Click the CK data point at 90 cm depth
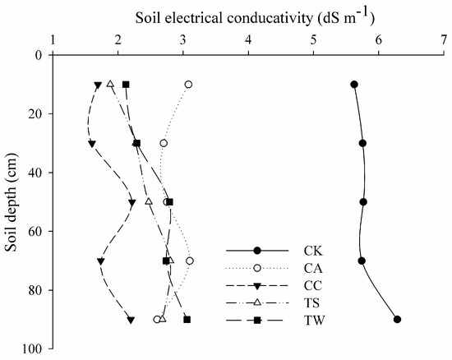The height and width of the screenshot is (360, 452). tap(397, 320)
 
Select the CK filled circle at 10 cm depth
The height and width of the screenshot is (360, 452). tap(354, 85)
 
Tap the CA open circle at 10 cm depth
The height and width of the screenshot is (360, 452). tap(188, 85)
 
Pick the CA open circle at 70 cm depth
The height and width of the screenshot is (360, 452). tap(190, 261)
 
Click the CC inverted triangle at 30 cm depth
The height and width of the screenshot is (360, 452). tap(92, 144)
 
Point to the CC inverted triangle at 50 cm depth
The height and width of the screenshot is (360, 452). tap(132, 203)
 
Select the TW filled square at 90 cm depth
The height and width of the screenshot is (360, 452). tap(187, 320)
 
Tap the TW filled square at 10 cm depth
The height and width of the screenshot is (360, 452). tap(126, 85)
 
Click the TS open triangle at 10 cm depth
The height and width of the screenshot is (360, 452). tap(110, 84)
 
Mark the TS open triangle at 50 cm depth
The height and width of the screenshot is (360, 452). tap(149, 201)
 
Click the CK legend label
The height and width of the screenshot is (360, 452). tap(313, 251)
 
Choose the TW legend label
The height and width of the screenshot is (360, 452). tap(314, 321)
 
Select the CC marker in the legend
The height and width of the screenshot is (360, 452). tap(257, 286)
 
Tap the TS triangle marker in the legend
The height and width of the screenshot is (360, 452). tap(257, 302)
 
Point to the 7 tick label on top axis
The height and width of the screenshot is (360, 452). tap(444, 40)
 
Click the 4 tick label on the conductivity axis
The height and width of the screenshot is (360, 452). tap(248, 40)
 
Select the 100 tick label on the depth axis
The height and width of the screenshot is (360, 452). tap(32, 349)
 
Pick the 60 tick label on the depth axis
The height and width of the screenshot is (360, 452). tap(35, 232)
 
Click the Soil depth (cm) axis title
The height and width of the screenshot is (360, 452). tap(12, 201)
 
